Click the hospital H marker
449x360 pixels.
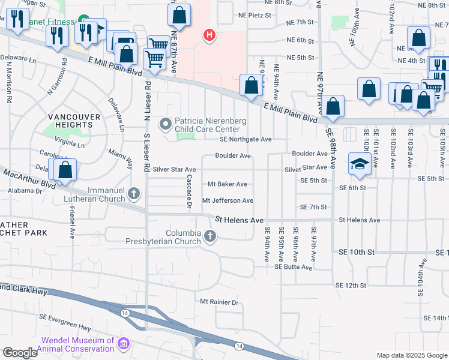tap(209, 37)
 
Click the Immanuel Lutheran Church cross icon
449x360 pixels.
tap(134, 193)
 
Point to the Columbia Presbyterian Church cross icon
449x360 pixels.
tap(210, 236)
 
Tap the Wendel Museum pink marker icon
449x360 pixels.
tap(124, 343)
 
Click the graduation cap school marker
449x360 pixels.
tap(359, 164)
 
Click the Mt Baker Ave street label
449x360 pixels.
tap(227, 184)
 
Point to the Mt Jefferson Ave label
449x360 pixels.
tap(228, 200)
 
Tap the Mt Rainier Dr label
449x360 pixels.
tap(220, 302)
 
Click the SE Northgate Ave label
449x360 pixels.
tap(246, 139)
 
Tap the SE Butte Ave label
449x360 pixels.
tap(294, 267)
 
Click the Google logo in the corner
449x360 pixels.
tap(20, 353)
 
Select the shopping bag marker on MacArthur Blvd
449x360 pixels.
tap(65, 170)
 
